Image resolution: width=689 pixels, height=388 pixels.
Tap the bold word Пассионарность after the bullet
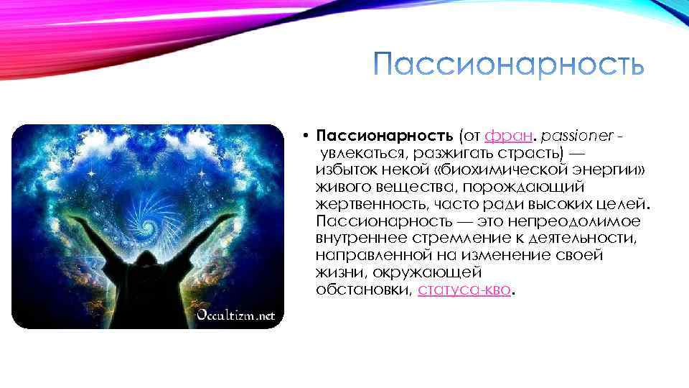(384, 136)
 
